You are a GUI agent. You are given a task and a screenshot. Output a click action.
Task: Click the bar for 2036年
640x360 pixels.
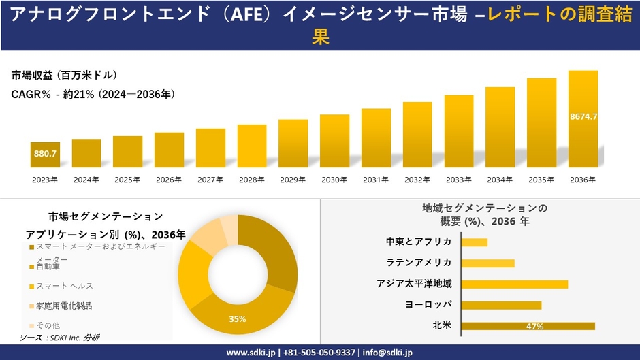583,119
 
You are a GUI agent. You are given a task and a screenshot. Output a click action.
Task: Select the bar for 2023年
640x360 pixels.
45,154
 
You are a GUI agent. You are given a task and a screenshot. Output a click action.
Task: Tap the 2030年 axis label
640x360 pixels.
334,180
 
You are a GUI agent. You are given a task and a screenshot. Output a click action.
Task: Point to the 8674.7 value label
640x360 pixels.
583,116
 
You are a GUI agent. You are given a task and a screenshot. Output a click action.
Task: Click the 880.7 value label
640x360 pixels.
45,154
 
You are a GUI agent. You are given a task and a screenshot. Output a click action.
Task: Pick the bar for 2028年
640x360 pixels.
252,146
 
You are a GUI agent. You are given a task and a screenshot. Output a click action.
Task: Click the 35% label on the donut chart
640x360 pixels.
238,318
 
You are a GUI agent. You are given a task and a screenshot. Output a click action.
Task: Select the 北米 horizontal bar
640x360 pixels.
528,326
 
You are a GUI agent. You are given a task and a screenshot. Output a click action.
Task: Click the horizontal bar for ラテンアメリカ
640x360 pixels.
487,263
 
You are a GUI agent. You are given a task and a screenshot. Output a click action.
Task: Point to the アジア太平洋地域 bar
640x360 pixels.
514,284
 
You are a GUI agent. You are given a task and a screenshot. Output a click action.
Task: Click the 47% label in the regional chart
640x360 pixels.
534,327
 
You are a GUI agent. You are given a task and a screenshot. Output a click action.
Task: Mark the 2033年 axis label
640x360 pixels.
458,180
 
